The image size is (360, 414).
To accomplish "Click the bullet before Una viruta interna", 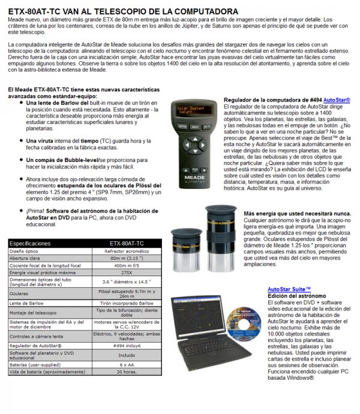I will coord(22,140).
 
